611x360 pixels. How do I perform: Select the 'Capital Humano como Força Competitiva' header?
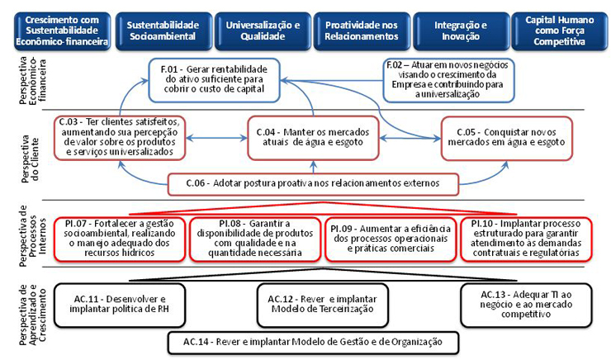coord(560,31)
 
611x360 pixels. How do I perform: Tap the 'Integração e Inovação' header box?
coord(461,31)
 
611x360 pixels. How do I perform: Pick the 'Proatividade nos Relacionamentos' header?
coord(362,31)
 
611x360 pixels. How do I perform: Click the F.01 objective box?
coord(215,80)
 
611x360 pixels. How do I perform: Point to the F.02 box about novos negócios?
coord(448,80)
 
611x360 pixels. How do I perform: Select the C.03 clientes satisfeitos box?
coord(120,138)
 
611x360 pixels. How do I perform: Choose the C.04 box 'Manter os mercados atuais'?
coord(313,138)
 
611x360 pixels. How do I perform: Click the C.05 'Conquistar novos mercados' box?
coord(507,138)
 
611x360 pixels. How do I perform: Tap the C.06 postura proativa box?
coord(313,184)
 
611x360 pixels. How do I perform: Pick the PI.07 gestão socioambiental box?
coord(120,239)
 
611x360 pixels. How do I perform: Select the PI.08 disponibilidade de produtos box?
coord(255,239)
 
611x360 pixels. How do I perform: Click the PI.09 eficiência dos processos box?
coord(391,239)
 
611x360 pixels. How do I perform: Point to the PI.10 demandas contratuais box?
coord(526,239)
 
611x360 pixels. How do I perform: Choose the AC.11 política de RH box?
coord(120,305)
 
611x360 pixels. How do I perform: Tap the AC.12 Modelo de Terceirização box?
coord(323,305)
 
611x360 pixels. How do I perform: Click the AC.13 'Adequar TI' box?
coord(526,305)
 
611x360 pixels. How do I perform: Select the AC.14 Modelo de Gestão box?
coord(313,343)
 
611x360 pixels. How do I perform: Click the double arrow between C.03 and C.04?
coord(216,138)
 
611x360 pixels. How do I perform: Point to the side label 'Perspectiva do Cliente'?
coord(31,159)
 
